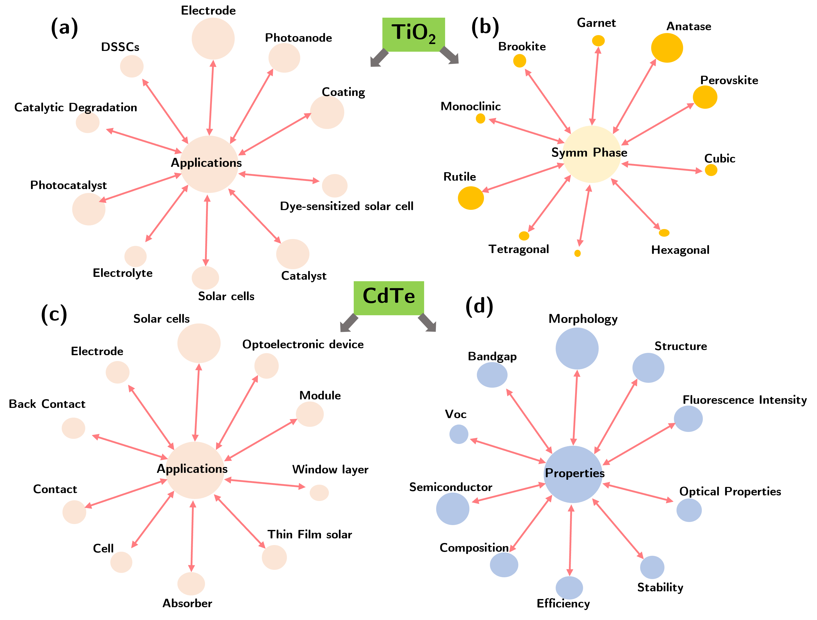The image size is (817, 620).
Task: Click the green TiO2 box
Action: (413, 34)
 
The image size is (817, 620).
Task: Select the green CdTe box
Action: (389, 298)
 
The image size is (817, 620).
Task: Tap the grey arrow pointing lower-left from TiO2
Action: (379, 59)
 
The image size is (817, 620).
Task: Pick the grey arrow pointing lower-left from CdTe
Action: (348, 323)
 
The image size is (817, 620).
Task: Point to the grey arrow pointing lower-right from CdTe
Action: (428, 323)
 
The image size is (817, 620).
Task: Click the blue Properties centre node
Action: (573, 474)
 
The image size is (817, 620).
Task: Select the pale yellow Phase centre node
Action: (592, 154)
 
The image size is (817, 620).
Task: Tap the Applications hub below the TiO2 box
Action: (209, 164)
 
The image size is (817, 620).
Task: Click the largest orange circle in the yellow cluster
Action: (667, 48)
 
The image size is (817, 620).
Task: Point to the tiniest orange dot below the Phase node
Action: (578, 253)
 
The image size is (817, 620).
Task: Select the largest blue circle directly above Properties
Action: (577, 348)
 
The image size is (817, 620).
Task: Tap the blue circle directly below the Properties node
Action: (569, 588)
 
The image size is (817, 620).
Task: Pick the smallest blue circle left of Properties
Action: (459, 434)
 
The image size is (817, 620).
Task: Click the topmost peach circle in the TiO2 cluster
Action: (213, 38)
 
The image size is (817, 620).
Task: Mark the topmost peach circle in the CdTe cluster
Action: (199, 343)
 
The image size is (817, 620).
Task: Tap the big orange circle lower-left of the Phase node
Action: (471, 198)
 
